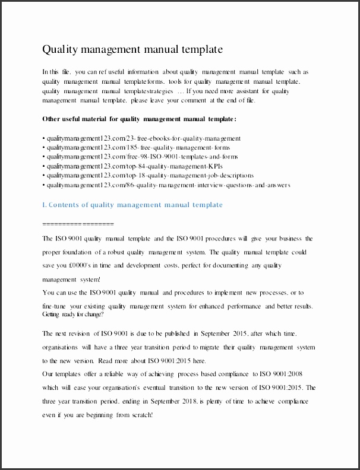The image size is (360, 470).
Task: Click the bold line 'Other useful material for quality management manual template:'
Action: (140, 119)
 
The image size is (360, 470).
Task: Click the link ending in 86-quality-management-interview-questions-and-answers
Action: (168, 185)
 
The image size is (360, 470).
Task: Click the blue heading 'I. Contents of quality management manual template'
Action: (132, 205)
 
